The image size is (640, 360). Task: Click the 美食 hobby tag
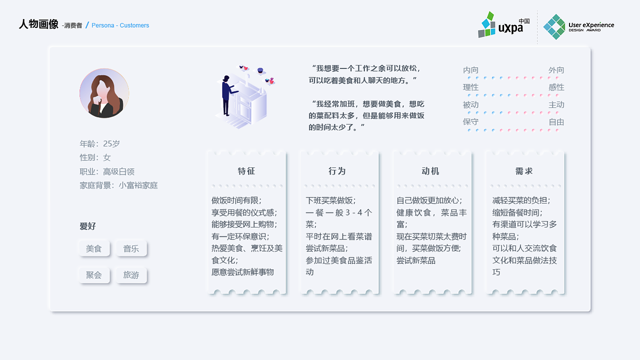coord(94,248)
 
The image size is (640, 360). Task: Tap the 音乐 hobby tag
coord(131,248)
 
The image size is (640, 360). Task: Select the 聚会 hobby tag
coord(94,275)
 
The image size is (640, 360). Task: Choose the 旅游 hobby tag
coord(131,275)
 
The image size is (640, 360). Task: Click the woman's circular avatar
coord(104,93)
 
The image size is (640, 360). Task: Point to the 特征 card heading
coord(246,171)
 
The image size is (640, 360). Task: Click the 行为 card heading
coord(337,171)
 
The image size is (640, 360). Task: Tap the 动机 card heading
coord(430,171)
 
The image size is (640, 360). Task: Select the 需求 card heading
coord(524,171)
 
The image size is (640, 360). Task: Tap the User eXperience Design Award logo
coord(578,26)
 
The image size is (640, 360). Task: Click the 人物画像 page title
coord(38,24)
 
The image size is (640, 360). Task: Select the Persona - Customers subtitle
coord(120,25)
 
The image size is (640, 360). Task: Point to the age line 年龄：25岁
coord(100,144)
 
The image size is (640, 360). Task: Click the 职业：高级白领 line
coord(107,171)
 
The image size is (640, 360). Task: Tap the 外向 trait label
coord(556,70)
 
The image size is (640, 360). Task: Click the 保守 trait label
coord(470,122)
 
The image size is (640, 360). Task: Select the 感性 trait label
coord(556,87)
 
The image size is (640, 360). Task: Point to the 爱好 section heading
coord(87,226)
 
